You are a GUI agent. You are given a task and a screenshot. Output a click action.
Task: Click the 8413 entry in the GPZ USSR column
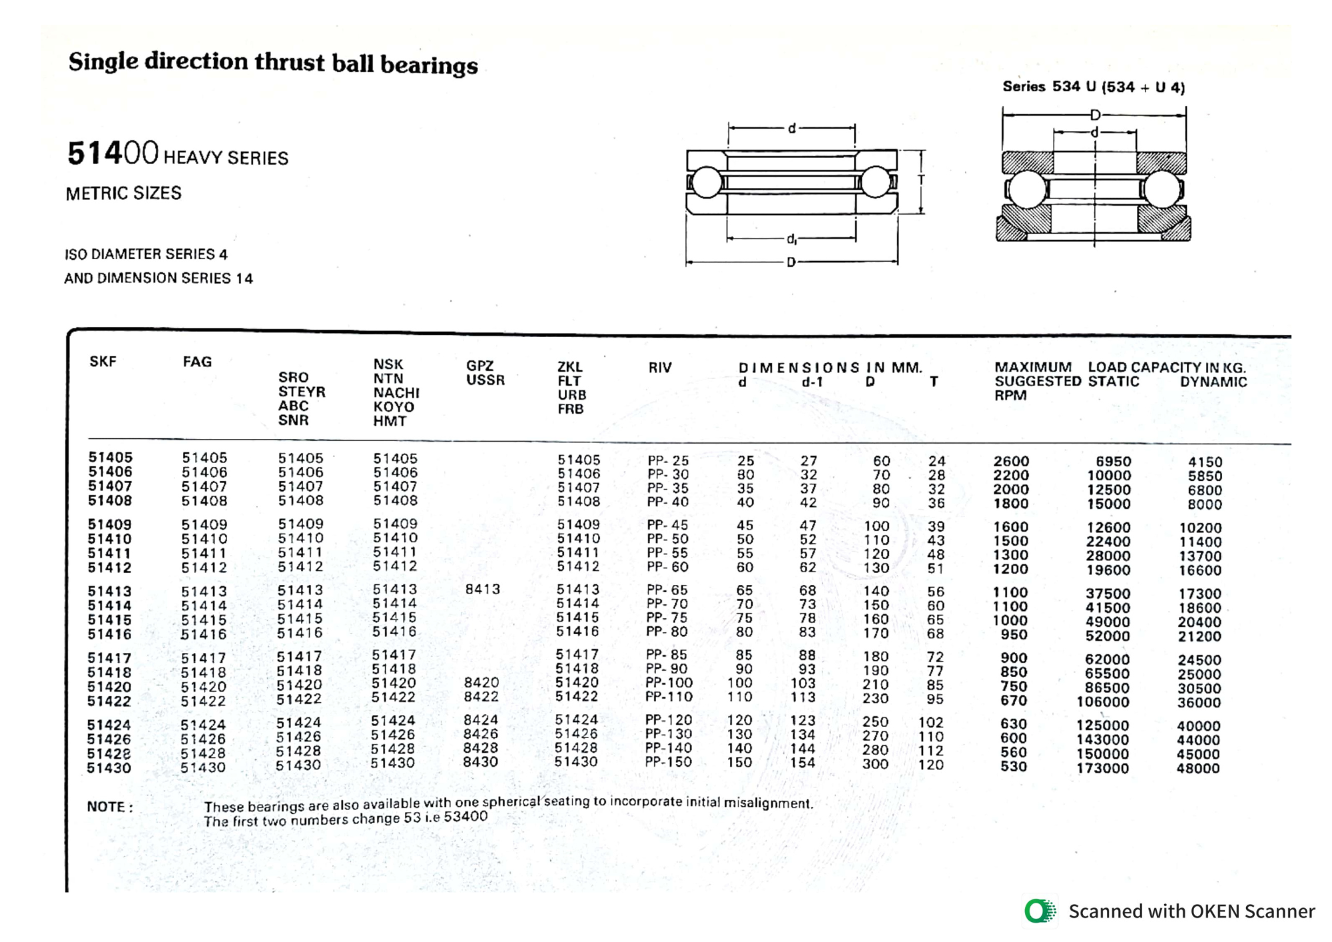click(x=483, y=589)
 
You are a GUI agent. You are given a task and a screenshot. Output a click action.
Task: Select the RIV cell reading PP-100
click(x=669, y=683)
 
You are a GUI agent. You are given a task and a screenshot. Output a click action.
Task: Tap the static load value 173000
click(x=1102, y=768)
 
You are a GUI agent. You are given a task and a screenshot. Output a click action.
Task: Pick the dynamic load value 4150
click(x=1205, y=462)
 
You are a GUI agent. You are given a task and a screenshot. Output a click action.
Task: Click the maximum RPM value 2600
click(x=1011, y=461)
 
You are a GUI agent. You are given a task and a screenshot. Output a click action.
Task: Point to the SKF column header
click(x=103, y=362)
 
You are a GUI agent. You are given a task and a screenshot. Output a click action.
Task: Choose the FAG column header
click(x=197, y=362)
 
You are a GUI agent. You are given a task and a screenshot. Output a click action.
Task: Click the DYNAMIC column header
click(x=1213, y=382)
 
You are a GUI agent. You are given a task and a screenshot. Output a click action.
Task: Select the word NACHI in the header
click(x=396, y=392)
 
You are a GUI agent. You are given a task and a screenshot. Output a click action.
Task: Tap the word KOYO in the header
click(x=393, y=406)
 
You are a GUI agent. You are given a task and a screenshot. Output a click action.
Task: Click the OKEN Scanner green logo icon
click(x=1040, y=911)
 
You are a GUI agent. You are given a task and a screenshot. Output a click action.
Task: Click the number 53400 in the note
click(x=466, y=816)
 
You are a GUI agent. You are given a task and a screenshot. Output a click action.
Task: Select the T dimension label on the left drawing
click(x=921, y=181)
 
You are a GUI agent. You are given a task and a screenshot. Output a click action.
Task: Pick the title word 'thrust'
click(x=290, y=63)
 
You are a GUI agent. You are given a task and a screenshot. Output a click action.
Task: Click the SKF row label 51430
click(x=109, y=767)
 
